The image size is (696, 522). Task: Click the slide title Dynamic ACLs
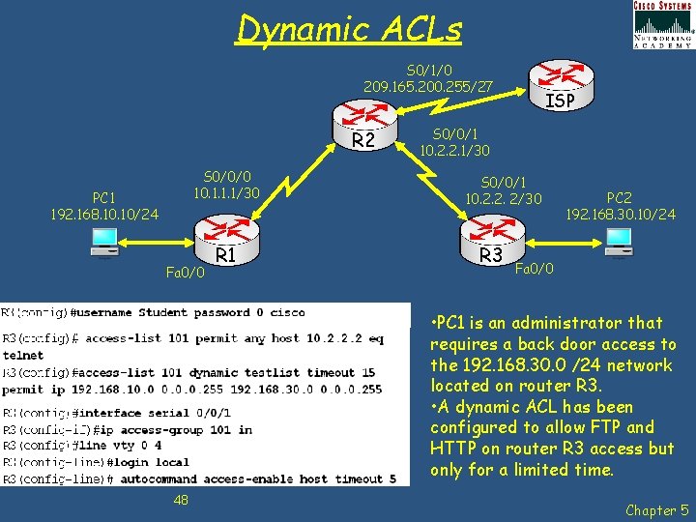(349, 30)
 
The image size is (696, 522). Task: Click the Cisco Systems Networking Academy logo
(662, 25)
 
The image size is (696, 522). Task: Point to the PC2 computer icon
(618, 244)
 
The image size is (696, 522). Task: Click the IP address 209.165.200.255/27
(427, 87)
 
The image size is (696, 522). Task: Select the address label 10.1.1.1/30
(226, 193)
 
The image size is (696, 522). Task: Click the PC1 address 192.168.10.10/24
(104, 213)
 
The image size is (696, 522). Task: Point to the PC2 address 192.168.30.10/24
(620, 214)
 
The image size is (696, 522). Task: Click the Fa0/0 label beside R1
(186, 274)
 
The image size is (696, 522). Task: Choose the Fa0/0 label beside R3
(535, 268)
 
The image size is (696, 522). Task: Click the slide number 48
(180, 499)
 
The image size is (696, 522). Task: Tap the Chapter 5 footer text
(657, 509)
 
